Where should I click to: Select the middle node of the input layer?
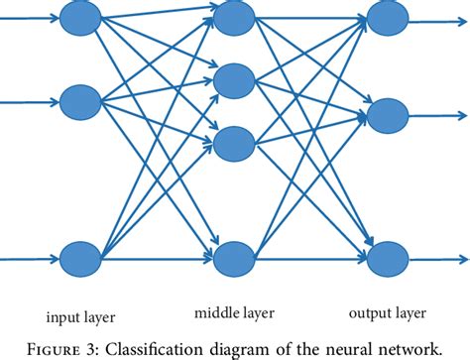pos(79,101)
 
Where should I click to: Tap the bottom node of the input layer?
pos(79,260)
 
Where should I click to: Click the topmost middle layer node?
pos(233,15)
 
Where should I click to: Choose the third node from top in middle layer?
pos(233,143)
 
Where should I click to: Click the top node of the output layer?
pos(387,15)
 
